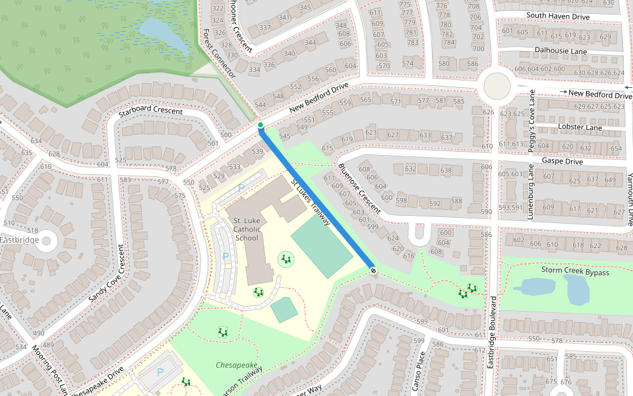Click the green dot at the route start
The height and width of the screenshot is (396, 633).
260,125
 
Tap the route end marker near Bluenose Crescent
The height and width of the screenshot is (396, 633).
373,270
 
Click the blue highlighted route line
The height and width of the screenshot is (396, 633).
316,198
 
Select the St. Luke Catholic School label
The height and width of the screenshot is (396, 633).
247,229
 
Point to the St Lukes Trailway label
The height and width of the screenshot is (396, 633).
310,202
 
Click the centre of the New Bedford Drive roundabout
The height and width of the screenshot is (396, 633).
497,85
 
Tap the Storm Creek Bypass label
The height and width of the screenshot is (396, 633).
574,271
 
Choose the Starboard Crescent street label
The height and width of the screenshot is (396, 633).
150,111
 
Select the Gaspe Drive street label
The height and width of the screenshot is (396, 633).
562,161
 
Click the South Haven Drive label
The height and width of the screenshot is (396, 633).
557,15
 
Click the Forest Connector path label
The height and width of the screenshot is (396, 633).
219,53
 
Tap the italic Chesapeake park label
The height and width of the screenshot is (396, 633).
236,365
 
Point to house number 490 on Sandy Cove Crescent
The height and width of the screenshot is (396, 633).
39,333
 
